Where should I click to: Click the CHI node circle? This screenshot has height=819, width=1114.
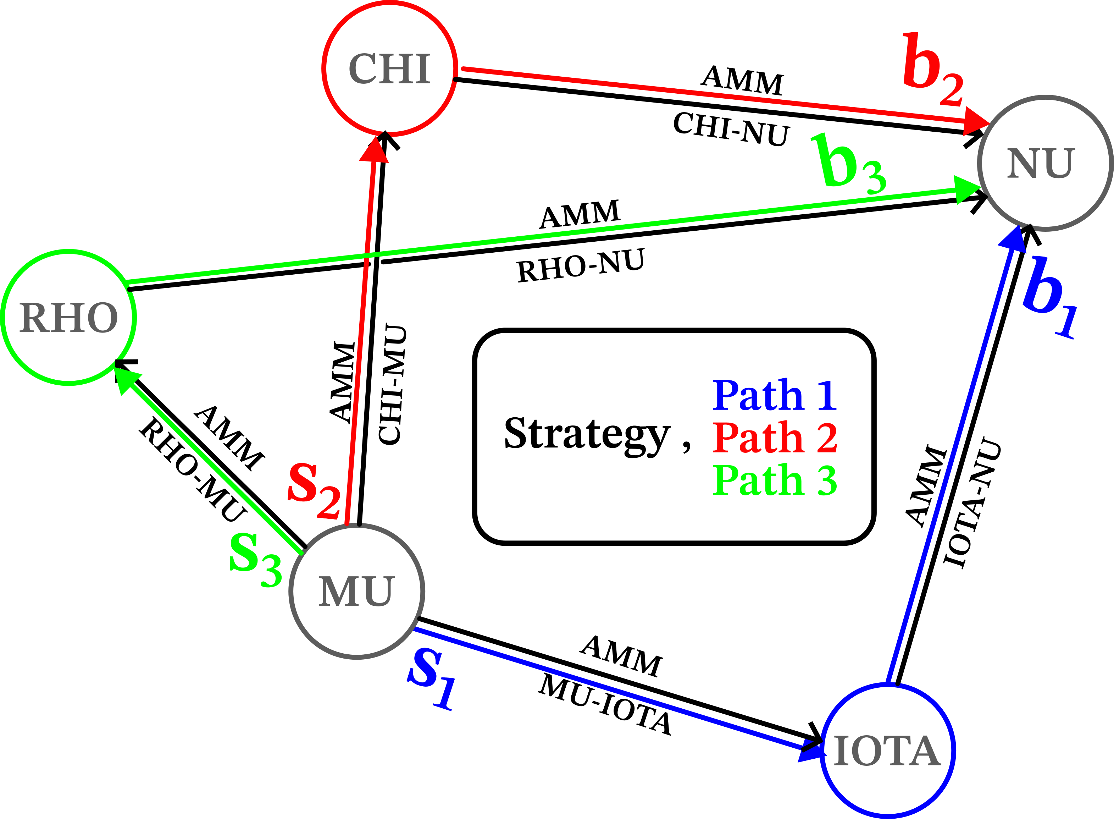389,68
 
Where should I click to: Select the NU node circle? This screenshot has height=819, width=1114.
1044,164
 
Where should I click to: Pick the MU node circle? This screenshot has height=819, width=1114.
357,592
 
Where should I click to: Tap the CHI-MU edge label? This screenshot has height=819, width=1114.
393,384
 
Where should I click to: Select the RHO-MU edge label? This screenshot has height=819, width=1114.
193,470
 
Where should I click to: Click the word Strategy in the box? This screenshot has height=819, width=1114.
587,434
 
